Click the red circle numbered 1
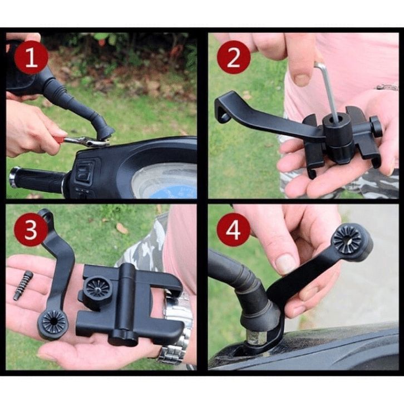(31, 58)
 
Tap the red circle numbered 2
(234, 57)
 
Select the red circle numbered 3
(31, 230)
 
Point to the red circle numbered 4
(233, 230)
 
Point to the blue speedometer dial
(165, 181)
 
